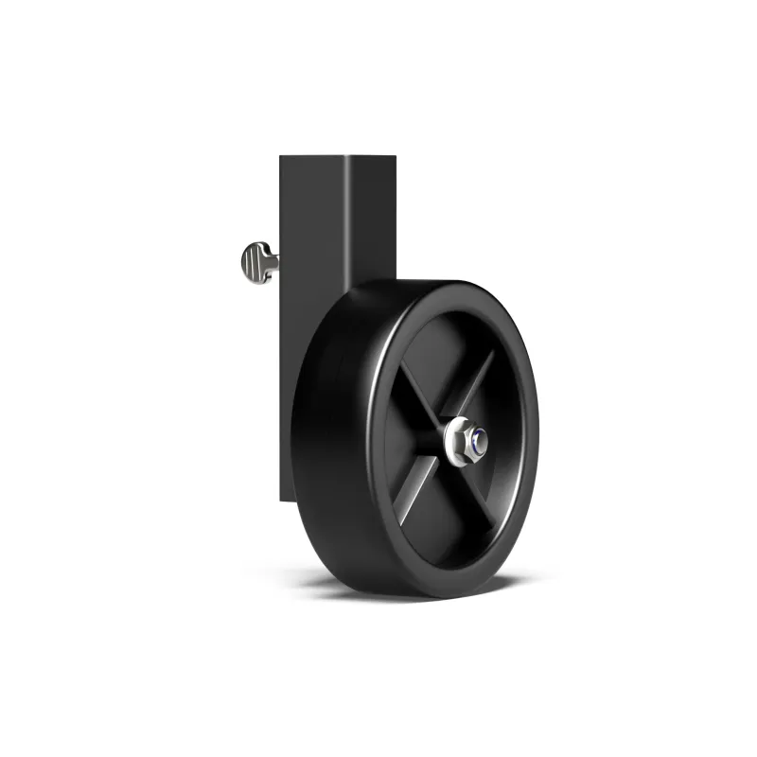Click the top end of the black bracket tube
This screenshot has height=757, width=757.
pos(336,156)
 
